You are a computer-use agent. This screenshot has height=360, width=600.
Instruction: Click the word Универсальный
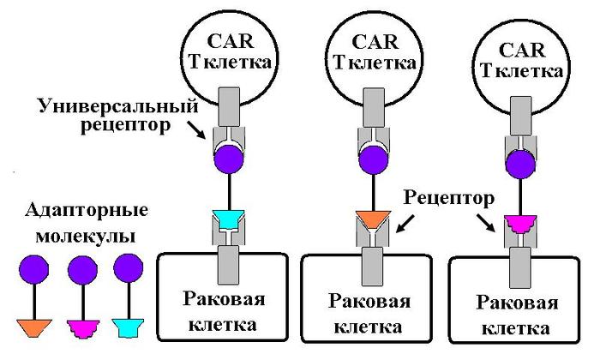118,106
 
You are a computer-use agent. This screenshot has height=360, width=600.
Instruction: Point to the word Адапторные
87,210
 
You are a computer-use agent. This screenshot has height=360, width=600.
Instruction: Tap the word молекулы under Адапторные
87,234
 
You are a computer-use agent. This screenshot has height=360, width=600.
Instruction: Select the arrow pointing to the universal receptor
196,131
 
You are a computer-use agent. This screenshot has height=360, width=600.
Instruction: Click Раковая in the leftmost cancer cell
225,299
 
